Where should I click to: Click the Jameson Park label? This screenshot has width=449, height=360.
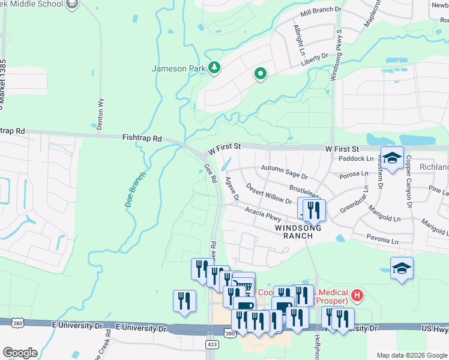pos(178,68)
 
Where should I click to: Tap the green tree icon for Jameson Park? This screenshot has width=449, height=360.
pos(214,68)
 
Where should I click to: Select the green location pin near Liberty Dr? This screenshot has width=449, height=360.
pos(261,74)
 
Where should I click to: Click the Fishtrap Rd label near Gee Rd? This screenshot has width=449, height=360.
pos(142,138)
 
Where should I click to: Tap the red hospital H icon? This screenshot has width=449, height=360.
pos(357,295)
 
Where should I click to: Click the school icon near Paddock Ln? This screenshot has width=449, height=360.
pos(392,158)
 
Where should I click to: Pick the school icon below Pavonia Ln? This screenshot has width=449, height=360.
pos(402,268)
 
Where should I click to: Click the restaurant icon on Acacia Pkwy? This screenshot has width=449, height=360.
pos(312,209)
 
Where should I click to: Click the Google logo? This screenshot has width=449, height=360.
pos(20,353)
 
